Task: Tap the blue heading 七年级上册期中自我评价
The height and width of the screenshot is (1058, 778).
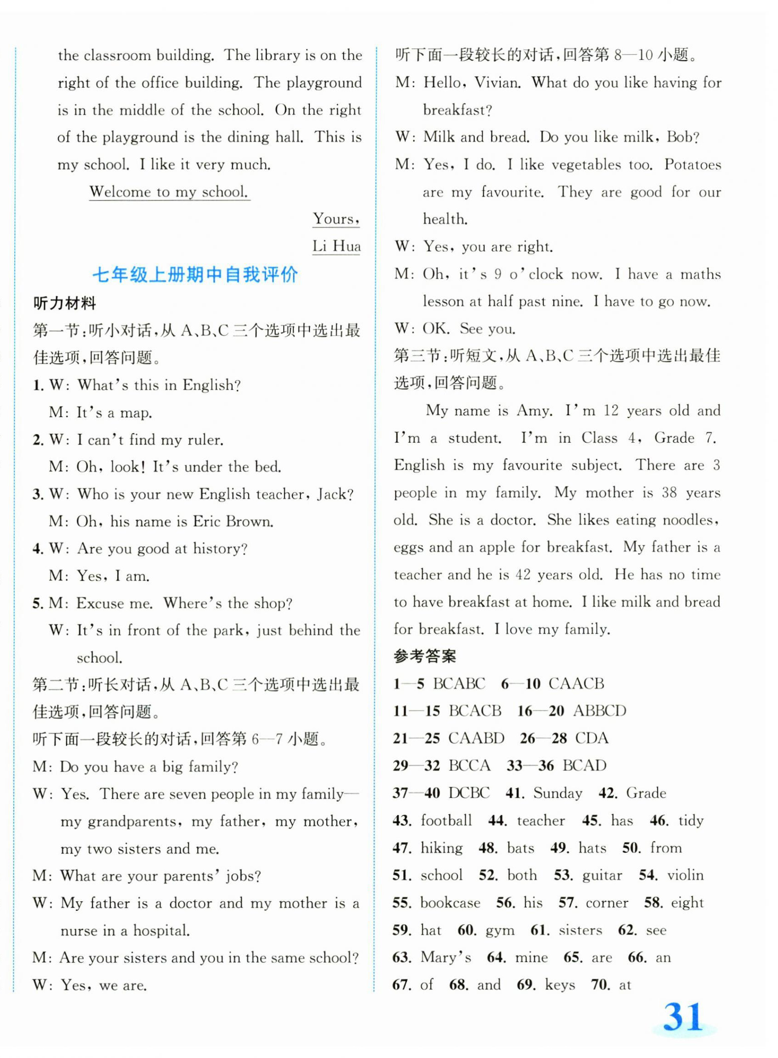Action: click(x=195, y=275)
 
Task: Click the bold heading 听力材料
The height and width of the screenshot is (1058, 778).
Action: click(x=64, y=304)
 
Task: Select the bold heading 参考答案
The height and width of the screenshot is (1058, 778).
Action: click(x=425, y=656)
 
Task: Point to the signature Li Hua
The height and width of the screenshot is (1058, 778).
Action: click(x=336, y=246)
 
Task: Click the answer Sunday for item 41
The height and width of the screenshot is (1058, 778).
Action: click(x=558, y=793)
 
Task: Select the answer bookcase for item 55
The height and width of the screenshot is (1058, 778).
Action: click(x=450, y=902)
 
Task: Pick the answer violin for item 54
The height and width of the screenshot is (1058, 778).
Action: click(x=685, y=875)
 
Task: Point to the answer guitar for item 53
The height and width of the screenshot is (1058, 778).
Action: click(x=602, y=875)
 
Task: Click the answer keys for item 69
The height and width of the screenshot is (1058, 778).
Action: click(x=560, y=984)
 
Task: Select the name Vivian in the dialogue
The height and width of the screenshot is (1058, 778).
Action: click(x=497, y=83)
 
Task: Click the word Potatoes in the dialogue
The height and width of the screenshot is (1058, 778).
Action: click(x=692, y=165)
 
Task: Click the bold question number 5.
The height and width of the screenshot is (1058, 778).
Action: click(x=37, y=603)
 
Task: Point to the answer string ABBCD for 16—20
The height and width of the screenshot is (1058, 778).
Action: click(x=600, y=711)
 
